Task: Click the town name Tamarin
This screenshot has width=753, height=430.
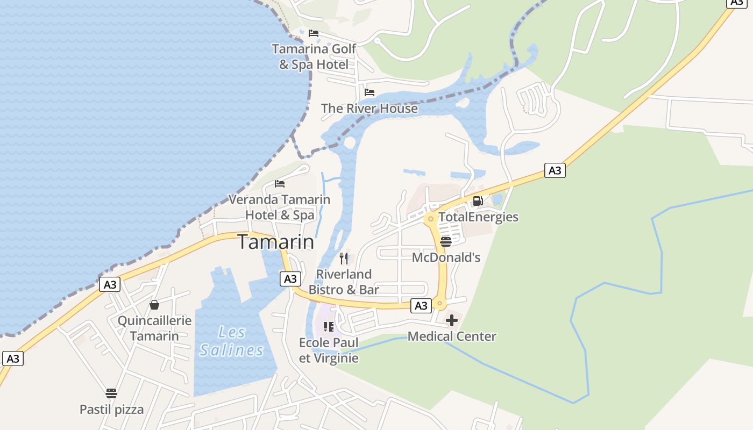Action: (275, 242)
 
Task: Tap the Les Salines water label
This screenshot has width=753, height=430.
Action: (232, 341)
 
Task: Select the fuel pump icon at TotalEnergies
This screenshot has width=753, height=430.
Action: (478, 201)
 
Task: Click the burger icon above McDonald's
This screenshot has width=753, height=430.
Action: (445, 241)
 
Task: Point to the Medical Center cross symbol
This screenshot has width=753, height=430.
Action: (452, 320)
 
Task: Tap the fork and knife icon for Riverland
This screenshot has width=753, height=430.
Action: (344, 258)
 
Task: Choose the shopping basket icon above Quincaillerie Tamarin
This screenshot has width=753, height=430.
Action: (154, 305)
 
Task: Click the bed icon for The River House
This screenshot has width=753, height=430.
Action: (370, 92)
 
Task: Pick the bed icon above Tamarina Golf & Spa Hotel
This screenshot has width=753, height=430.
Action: (314, 33)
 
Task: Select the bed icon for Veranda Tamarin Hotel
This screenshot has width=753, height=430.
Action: (280, 183)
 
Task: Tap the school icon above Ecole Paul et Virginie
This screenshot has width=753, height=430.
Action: (329, 326)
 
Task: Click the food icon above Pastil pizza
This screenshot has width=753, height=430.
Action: (111, 393)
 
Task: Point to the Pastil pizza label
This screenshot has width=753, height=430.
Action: (112, 410)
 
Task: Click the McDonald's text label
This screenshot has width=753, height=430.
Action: (446, 257)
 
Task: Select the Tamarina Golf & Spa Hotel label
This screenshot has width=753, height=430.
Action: (314, 56)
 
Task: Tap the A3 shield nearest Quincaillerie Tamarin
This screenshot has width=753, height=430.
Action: (110, 284)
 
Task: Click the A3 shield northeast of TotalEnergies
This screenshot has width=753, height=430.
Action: (555, 170)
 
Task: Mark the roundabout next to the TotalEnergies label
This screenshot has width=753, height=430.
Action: (430, 219)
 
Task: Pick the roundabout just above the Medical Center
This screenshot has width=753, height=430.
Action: (440, 304)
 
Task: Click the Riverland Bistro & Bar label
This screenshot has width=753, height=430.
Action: (344, 282)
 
